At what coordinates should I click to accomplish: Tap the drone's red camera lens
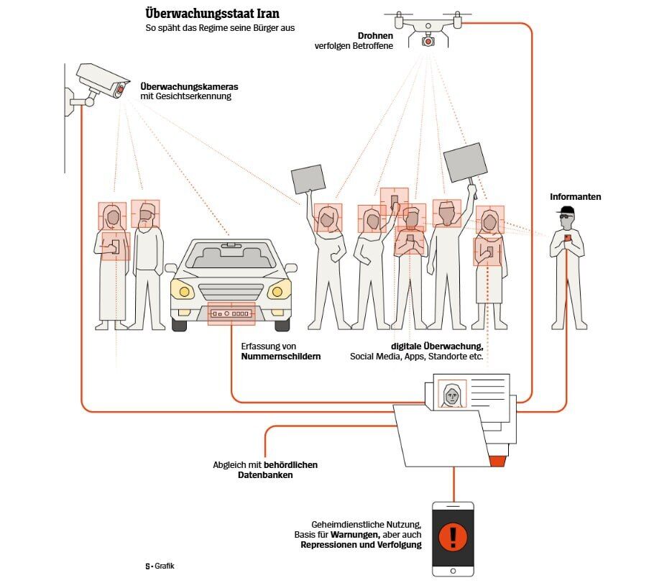click(x=428, y=41)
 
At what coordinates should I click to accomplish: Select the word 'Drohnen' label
click(x=375, y=36)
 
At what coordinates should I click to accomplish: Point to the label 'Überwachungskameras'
click(x=190, y=86)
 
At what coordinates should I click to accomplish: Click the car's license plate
click(x=231, y=314)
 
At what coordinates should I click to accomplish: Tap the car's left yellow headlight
click(x=185, y=292)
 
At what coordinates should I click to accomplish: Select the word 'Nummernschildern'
click(x=281, y=356)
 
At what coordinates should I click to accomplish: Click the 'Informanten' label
click(x=575, y=196)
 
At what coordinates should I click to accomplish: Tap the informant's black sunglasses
click(x=567, y=215)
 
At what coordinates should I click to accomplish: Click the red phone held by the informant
click(x=567, y=238)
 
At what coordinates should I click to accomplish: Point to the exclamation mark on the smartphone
click(x=453, y=536)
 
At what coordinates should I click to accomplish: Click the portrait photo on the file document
click(x=452, y=394)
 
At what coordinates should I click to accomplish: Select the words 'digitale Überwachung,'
click(x=437, y=346)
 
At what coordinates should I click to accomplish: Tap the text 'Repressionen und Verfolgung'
click(x=361, y=545)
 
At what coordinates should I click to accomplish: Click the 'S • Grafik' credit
click(x=160, y=566)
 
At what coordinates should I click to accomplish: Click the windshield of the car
click(x=231, y=255)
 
